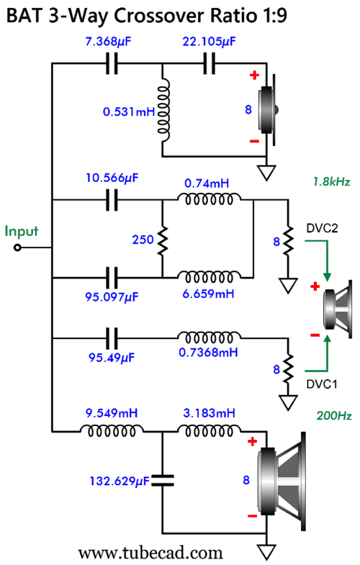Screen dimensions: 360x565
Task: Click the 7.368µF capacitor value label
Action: pos(108,42)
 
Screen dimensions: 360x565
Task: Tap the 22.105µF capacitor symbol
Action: pos(210,63)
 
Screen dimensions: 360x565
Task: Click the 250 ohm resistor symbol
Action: pos(163,240)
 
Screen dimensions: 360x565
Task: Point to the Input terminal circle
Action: pos(17,248)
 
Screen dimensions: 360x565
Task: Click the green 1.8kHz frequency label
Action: pos(331,181)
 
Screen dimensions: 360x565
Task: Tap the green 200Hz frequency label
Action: pos(334,416)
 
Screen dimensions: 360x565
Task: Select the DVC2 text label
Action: pos(322,228)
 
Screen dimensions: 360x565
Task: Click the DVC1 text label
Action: pos(322,384)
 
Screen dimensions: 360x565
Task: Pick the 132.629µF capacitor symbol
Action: pos(162,480)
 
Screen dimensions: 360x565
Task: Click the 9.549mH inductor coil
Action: pos(112,430)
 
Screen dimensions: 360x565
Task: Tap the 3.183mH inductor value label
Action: pos(209,413)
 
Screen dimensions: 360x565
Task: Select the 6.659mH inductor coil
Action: pos(209,277)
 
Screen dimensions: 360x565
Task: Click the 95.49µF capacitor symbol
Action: pos(112,338)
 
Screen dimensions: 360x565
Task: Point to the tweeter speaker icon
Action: pos(268,109)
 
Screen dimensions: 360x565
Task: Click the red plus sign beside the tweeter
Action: pos(254,76)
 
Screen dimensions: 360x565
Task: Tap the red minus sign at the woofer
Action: pos(252,516)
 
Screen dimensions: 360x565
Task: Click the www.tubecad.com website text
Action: pos(150,552)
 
